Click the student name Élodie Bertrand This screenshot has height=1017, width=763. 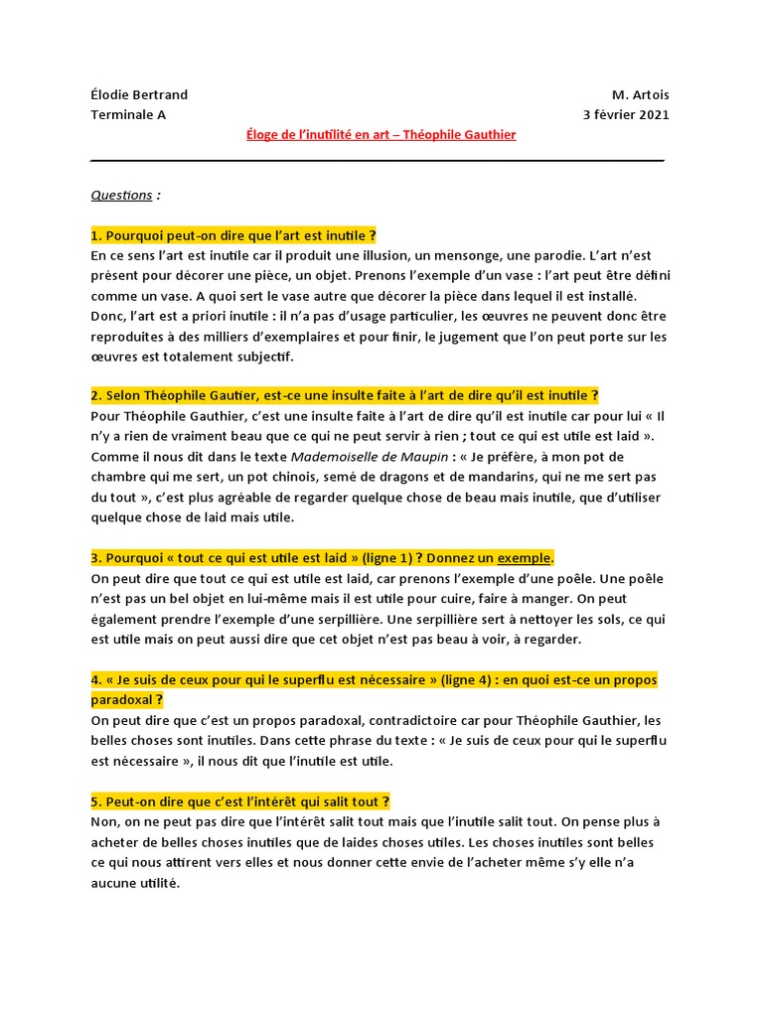[x=139, y=95]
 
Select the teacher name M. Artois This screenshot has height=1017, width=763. [x=641, y=95]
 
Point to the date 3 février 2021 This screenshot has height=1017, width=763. [x=626, y=114]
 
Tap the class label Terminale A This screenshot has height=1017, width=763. [x=128, y=114]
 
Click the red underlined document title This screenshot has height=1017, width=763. [x=381, y=134]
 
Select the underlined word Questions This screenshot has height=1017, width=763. [x=121, y=195]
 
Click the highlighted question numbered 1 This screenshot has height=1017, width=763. [x=233, y=235]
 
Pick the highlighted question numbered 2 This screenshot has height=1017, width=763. [x=345, y=395]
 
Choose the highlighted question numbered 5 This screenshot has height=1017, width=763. [x=240, y=800]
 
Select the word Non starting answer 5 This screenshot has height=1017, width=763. [x=103, y=821]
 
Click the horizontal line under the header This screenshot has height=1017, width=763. [x=378, y=160]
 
